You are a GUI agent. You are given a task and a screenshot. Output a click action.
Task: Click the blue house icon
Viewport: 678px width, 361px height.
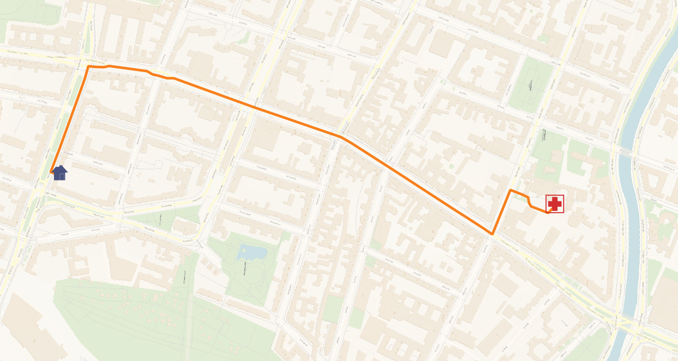pos(60,173)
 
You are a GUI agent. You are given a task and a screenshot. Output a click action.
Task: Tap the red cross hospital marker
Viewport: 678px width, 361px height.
pos(555,204)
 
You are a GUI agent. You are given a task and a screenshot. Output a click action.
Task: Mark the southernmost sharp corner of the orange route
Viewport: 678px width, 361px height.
pos(492,234)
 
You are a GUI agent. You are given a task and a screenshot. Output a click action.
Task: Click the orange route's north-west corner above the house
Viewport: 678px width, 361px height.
pos(88,66)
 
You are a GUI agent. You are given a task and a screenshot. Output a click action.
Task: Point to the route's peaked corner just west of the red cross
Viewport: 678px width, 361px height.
pos(511,190)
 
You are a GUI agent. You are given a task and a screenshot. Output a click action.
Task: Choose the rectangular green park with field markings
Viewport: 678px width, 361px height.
pos(531,87)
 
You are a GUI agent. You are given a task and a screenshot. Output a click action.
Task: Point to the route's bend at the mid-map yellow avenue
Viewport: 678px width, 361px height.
pos(341,137)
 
